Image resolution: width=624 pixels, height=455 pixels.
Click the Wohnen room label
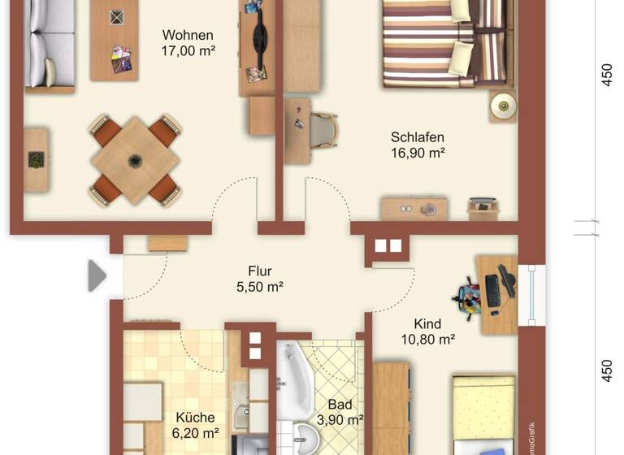pos(188,36)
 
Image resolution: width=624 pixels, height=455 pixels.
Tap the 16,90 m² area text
pos(417,153)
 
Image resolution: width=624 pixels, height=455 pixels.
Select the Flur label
pos(260,271)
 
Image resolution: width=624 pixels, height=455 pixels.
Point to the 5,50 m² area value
pos(260,287)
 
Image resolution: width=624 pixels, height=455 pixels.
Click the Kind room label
pos(427,324)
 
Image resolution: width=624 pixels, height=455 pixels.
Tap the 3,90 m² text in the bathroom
pos(340,420)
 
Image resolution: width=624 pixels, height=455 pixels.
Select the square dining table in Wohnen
pos(135,159)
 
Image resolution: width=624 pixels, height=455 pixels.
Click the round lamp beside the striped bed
pos(503,104)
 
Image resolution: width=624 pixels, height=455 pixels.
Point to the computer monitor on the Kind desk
pos(492,289)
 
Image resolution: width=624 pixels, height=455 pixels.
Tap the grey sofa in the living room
pos(49,45)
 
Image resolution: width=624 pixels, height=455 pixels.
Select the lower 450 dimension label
pos(606,370)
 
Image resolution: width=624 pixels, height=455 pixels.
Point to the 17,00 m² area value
pos(188,51)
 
